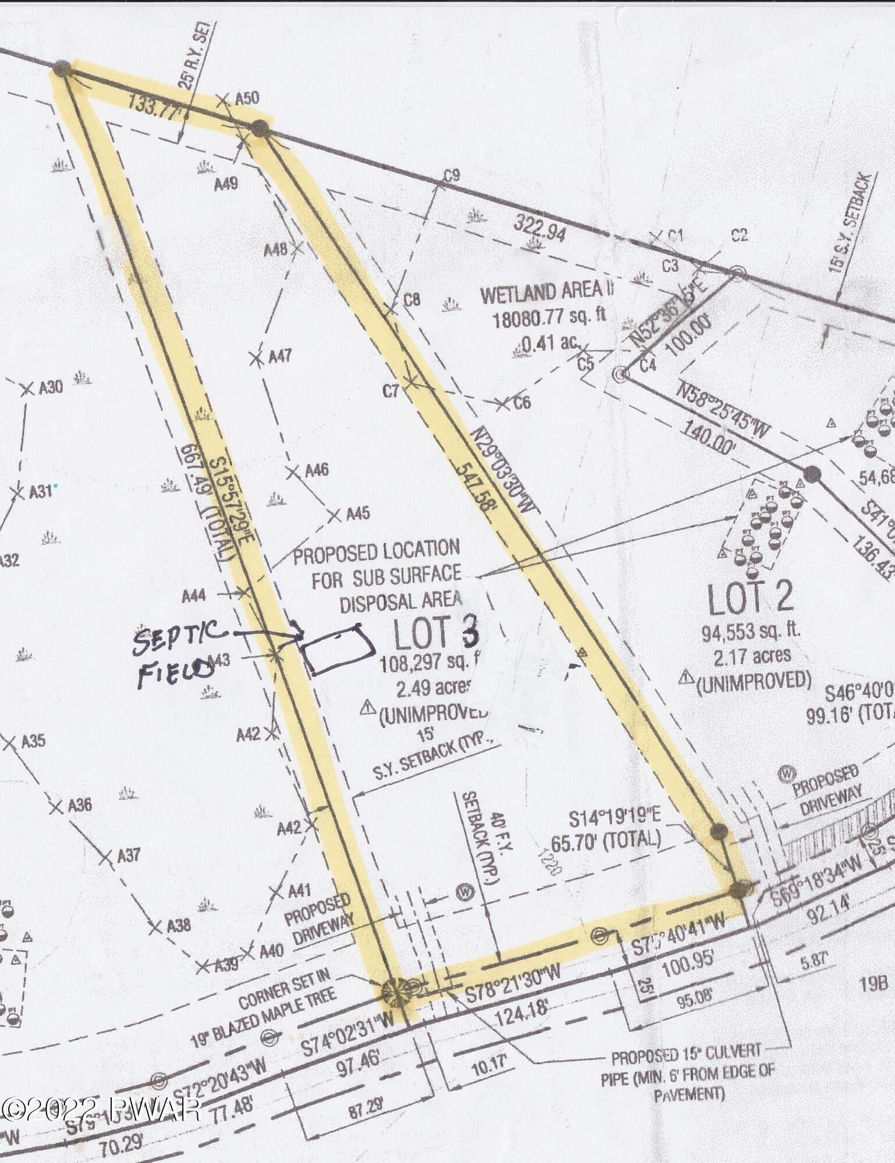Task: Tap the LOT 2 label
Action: (750, 599)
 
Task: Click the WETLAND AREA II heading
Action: (548, 294)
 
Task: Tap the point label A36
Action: (80, 805)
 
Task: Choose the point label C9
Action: (452, 176)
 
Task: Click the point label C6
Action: (521, 402)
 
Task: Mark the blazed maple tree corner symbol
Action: (396, 990)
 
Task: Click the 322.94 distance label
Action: (540, 230)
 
